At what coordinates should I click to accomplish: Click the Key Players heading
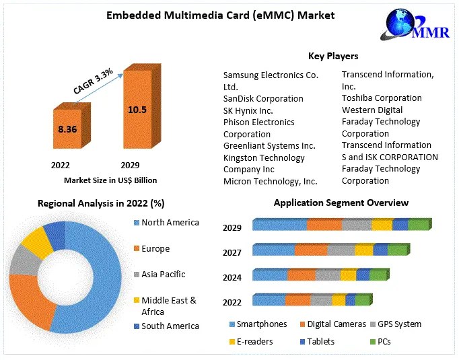coord(332,57)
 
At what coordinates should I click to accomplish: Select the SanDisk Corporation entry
coord(263,98)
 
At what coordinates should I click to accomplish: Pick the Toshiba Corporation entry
coord(382,98)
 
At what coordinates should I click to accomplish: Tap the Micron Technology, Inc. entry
coord(270,181)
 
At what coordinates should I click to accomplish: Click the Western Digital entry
coord(372,110)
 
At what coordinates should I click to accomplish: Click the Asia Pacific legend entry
coord(163,275)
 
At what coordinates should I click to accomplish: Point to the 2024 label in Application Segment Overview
coord(232,277)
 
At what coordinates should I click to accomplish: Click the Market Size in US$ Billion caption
coord(110,180)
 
